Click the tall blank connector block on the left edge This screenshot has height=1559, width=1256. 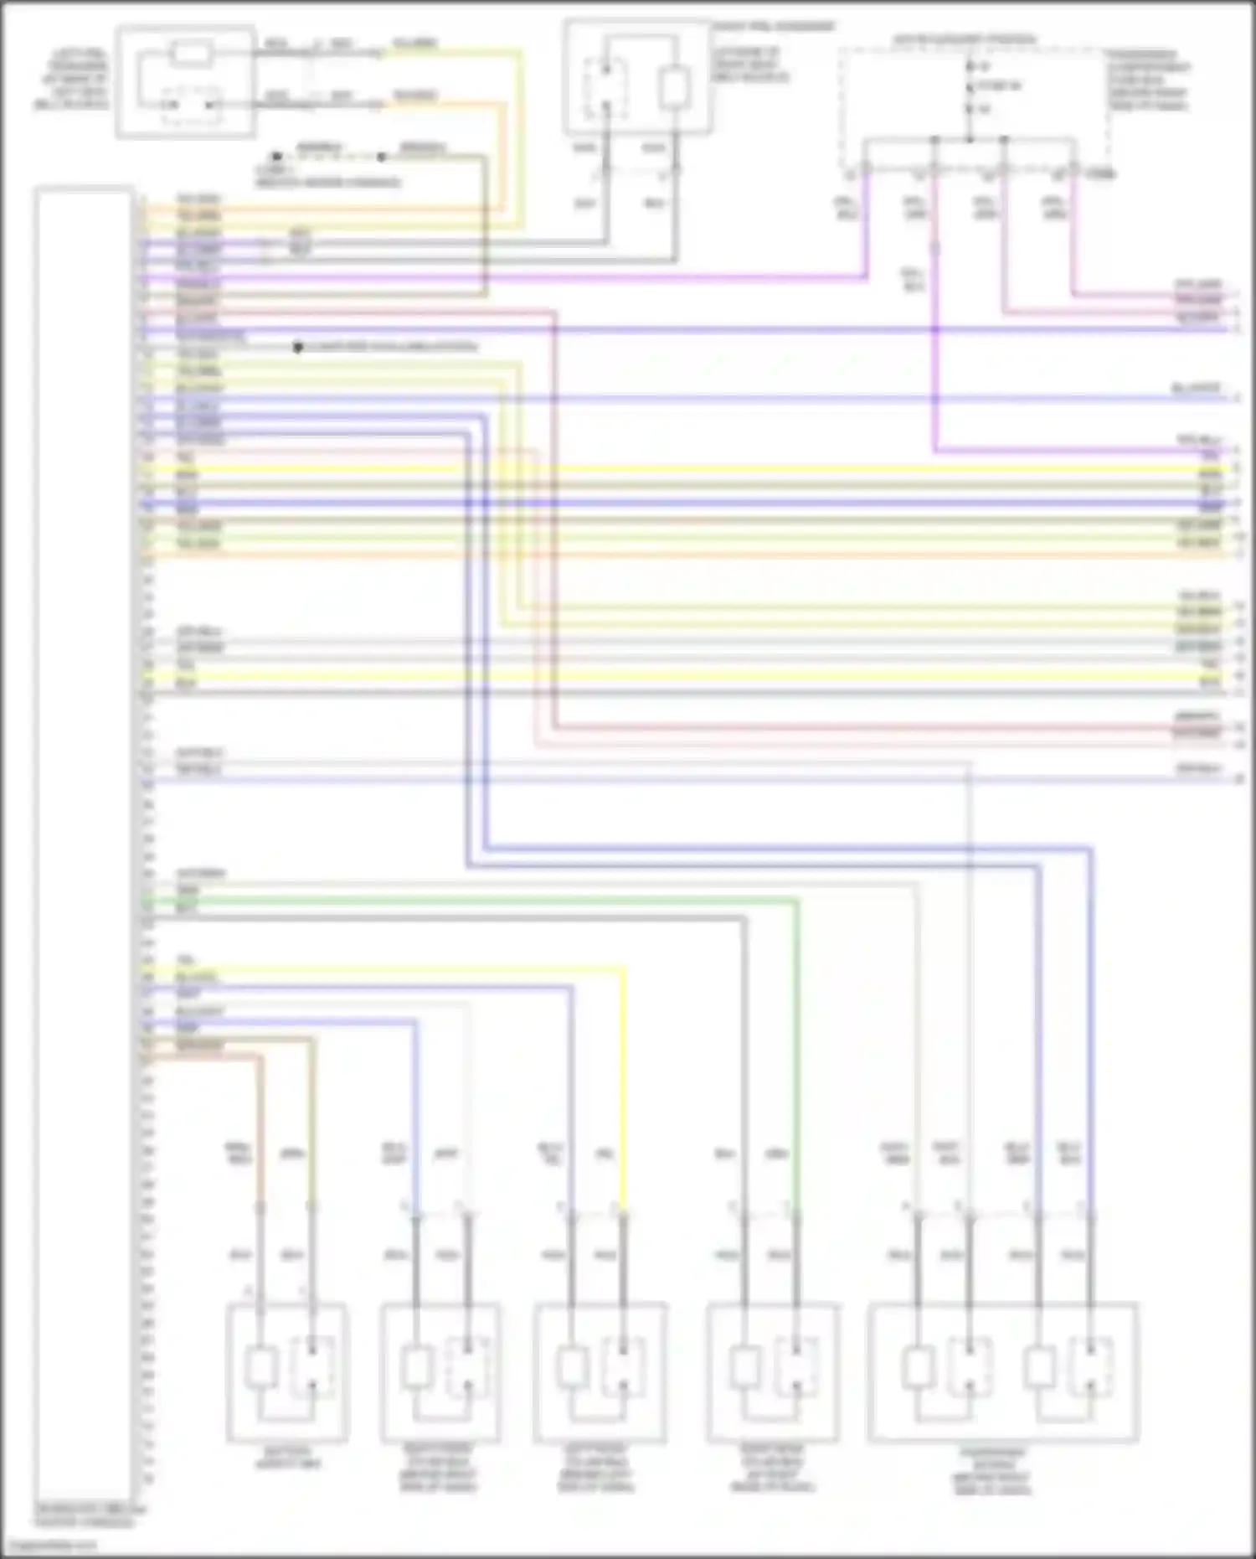pyautogui.click(x=84, y=846)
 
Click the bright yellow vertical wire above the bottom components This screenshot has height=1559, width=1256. pyautogui.click(x=624, y=1089)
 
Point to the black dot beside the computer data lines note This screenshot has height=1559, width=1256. pyautogui.click(x=297, y=347)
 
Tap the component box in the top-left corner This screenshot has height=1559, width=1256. pyautogui.click(x=186, y=81)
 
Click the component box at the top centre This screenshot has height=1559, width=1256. pyautogui.click(x=638, y=77)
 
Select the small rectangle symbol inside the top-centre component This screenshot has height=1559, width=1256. pyautogui.click(x=674, y=88)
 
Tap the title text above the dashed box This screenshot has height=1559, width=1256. pyautogui.click(x=964, y=39)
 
